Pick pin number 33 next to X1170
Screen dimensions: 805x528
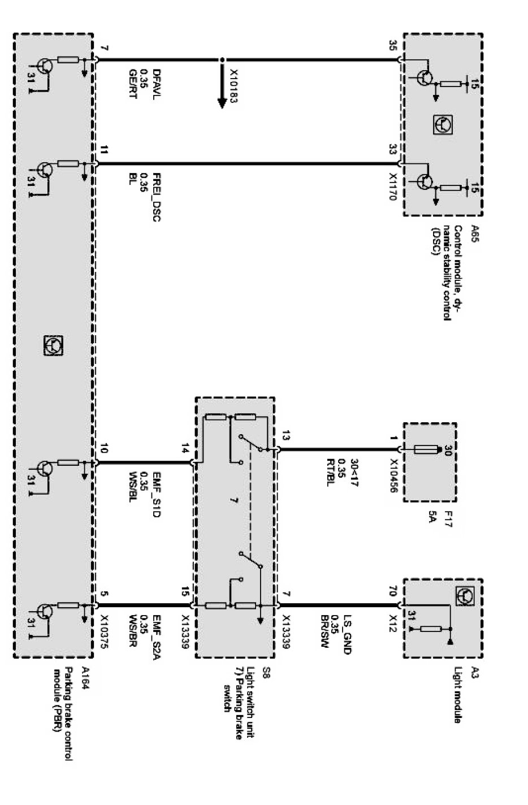click(x=393, y=150)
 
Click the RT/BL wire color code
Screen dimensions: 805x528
click(x=328, y=471)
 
